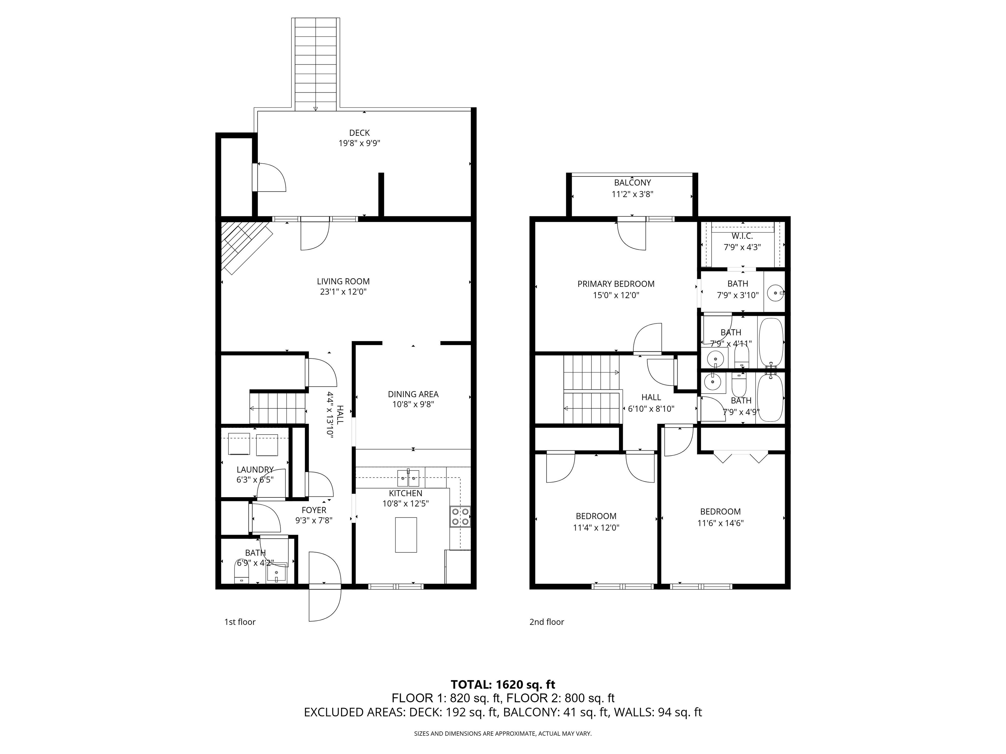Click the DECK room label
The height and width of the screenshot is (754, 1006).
point(359,133)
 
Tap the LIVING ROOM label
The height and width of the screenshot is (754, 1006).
point(344,281)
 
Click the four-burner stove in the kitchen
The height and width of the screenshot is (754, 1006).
point(460,517)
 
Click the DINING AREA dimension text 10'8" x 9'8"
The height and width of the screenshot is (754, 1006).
point(413,404)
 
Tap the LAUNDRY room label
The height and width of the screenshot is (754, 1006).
point(255,470)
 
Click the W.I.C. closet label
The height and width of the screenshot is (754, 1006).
point(742,236)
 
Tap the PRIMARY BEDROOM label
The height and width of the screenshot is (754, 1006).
point(616,284)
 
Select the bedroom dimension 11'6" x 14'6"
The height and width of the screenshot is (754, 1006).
point(720,523)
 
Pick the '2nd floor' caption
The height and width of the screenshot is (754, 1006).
point(547,622)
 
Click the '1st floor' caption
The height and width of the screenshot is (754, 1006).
point(240,622)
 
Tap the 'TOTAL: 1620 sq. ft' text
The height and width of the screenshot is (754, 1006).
point(503,685)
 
